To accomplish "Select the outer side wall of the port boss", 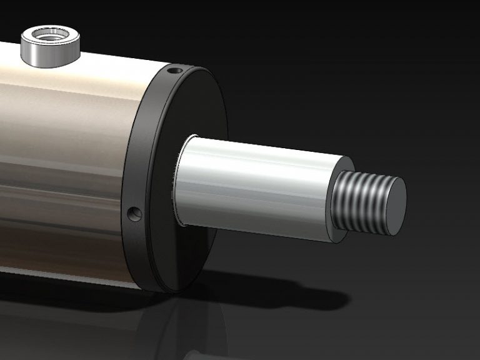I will [x=50, y=55].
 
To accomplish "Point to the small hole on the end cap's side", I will [x=134, y=214].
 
